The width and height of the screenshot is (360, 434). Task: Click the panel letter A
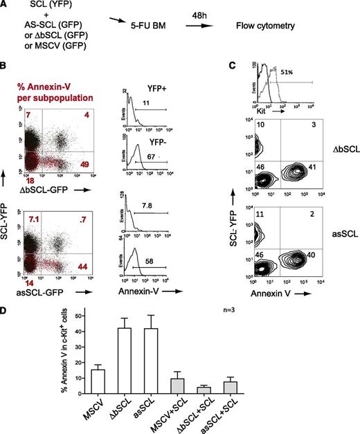tap(6, 6)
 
